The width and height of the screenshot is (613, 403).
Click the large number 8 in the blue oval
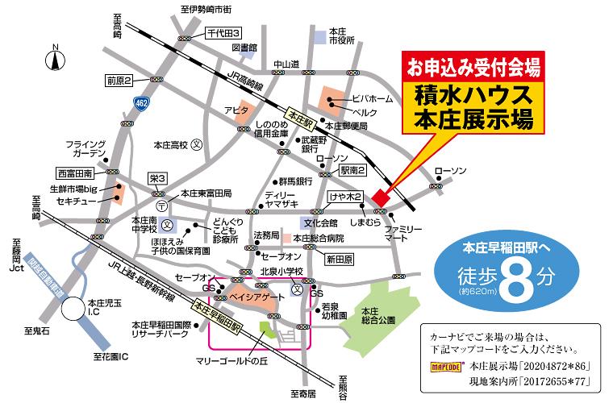[513, 278]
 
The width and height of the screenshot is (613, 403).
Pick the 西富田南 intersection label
[78, 172]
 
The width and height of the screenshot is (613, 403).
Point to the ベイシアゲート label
[261, 297]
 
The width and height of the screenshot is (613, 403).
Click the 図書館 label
[244, 48]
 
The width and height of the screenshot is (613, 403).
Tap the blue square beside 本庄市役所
[321, 35]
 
